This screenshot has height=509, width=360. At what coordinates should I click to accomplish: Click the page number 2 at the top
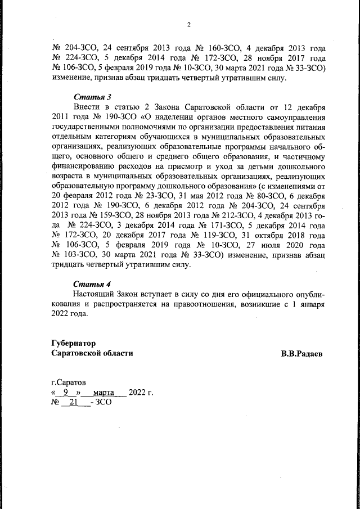tap(189, 24)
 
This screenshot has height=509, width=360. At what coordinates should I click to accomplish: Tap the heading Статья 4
tap(91, 283)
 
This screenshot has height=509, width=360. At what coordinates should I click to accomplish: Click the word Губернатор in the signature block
tap(73, 343)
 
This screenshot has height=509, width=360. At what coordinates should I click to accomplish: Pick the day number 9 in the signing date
tap(67, 392)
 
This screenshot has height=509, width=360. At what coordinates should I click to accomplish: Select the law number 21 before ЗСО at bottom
tap(73, 402)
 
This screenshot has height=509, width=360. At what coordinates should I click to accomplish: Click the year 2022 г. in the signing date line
tap(141, 392)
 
